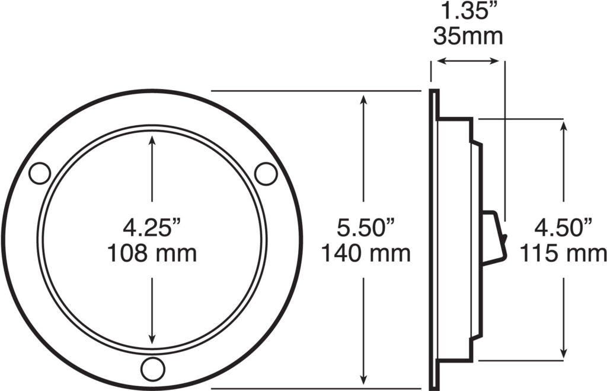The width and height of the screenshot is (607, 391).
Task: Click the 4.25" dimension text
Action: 152,228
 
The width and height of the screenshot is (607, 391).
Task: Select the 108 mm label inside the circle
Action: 152,254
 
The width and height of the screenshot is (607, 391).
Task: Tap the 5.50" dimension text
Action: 366,228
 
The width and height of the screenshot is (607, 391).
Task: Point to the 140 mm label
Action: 366,254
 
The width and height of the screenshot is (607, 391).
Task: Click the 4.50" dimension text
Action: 564,228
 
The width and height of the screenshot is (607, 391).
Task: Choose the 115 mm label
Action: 564,254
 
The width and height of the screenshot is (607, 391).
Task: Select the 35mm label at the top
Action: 468,37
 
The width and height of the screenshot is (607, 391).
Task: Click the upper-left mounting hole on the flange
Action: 40,173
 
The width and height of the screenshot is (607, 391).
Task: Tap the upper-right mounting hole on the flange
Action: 266,173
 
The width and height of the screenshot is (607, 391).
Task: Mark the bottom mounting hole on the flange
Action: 152,369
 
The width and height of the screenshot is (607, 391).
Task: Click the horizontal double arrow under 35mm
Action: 468,61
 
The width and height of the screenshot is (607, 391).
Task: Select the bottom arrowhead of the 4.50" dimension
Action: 563,352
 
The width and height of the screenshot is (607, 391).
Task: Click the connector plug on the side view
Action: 494,238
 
